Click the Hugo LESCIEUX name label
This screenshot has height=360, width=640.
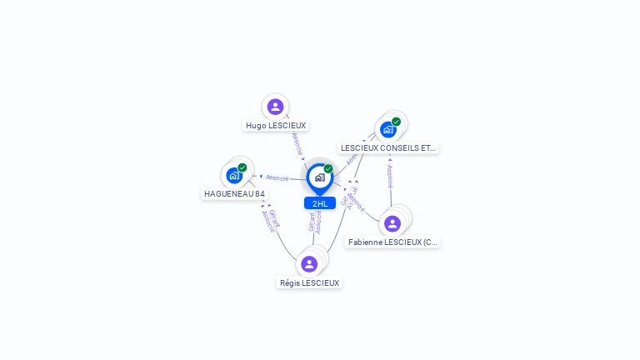(276, 126)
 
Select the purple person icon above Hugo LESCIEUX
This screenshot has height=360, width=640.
(276, 107)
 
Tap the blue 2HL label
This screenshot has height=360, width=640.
(320, 203)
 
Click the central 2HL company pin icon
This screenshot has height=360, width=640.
(319, 177)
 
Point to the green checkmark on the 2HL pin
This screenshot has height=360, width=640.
(328, 169)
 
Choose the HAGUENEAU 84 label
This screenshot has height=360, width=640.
(235, 194)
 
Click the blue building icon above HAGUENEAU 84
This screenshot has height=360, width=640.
(234, 175)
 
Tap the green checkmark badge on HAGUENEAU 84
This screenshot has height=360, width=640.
(242, 167)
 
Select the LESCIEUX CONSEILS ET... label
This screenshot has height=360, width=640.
(388, 148)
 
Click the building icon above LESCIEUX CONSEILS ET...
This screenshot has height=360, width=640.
(387, 129)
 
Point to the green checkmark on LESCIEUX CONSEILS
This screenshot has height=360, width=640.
(396, 122)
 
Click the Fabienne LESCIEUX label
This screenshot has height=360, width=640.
(392, 242)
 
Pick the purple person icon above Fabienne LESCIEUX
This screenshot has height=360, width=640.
(392, 223)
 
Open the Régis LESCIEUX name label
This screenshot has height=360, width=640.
(310, 283)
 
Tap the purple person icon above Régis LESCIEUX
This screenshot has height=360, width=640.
(309, 264)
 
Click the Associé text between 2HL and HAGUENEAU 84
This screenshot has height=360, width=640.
(277, 177)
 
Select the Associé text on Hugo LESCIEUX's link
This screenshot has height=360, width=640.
(297, 142)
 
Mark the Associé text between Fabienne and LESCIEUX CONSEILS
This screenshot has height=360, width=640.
(390, 177)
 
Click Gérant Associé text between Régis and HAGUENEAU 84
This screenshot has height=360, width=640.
(271, 219)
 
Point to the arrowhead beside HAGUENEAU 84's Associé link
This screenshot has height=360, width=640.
(261, 177)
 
